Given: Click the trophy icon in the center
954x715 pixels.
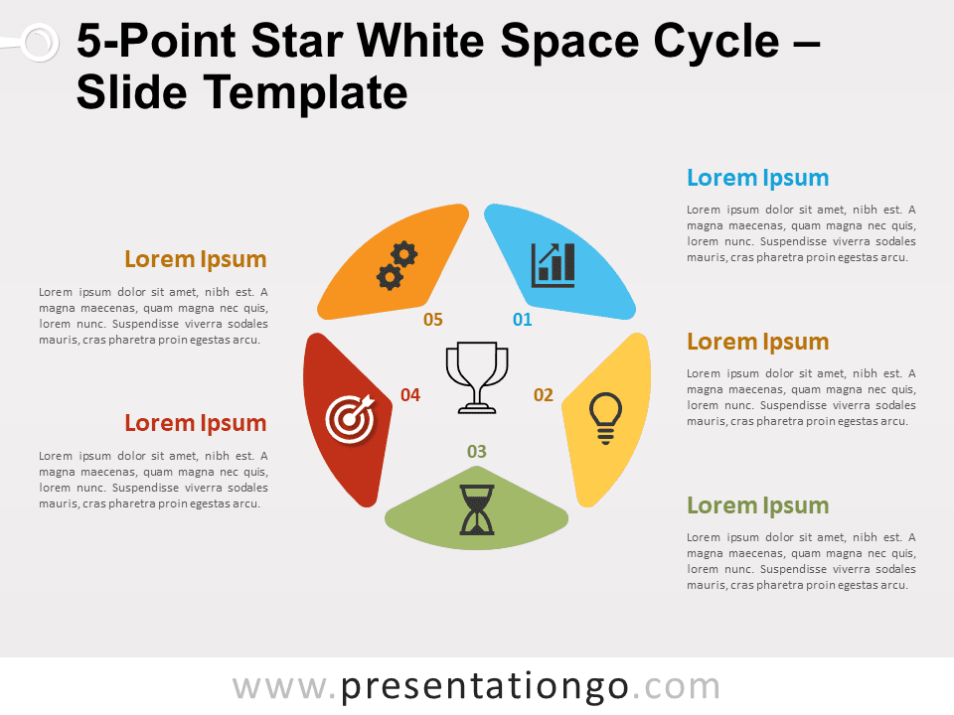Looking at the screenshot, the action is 477,377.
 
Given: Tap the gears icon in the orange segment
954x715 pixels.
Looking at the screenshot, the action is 397,266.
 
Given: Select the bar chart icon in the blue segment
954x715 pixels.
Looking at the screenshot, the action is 554,265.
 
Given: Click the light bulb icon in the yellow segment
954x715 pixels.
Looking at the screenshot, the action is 605,418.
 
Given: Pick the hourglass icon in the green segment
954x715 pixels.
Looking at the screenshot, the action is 477,509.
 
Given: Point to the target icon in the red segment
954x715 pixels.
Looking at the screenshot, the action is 350,419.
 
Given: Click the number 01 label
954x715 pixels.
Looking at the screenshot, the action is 522,319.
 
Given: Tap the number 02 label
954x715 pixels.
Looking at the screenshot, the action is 544,395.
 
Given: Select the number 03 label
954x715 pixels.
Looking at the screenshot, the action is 477,452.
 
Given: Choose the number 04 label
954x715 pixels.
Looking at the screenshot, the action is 410,395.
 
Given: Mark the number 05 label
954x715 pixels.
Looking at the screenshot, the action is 433,319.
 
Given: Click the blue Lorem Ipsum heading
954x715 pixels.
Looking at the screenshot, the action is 758,178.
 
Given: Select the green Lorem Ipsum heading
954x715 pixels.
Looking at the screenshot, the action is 758,505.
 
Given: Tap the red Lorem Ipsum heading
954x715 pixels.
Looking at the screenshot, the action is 196,423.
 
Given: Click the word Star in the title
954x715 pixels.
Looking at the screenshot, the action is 297,42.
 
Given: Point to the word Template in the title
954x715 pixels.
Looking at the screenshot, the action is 305,93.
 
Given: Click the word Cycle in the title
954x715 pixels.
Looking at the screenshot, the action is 716,42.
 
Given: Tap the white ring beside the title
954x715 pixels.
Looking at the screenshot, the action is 40,43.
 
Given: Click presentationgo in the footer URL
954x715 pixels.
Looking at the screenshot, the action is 484,687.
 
